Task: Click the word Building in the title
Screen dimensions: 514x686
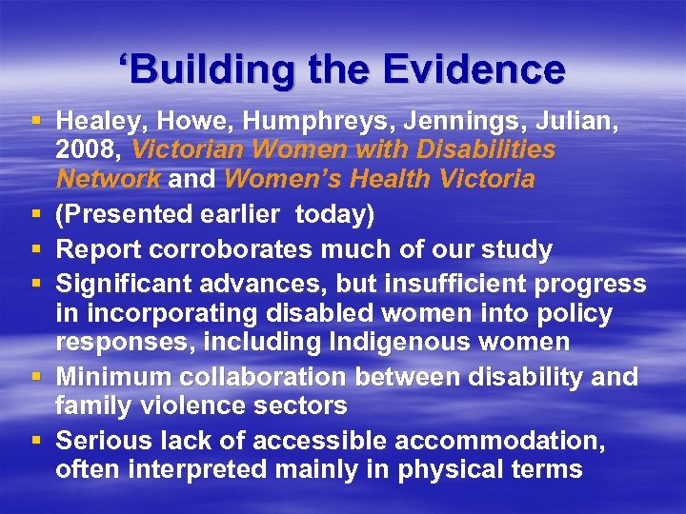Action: tap(200, 69)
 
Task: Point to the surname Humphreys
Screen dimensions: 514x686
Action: tap(306, 121)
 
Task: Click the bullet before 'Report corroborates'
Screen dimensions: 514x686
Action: tap(36, 250)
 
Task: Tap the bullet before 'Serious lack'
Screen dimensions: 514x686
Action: tap(36, 441)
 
